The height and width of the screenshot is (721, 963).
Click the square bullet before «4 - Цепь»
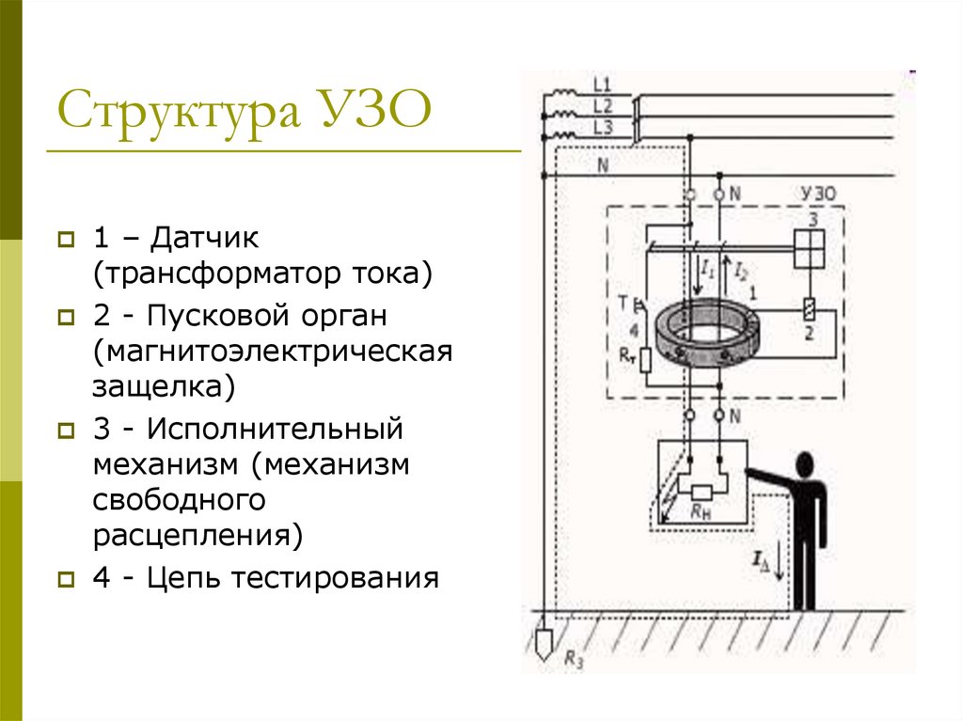(x=66, y=579)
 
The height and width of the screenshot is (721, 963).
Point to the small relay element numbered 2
(x=809, y=308)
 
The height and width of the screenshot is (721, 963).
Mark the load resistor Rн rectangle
(x=702, y=492)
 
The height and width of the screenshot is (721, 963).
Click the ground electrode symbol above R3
(x=544, y=643)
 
